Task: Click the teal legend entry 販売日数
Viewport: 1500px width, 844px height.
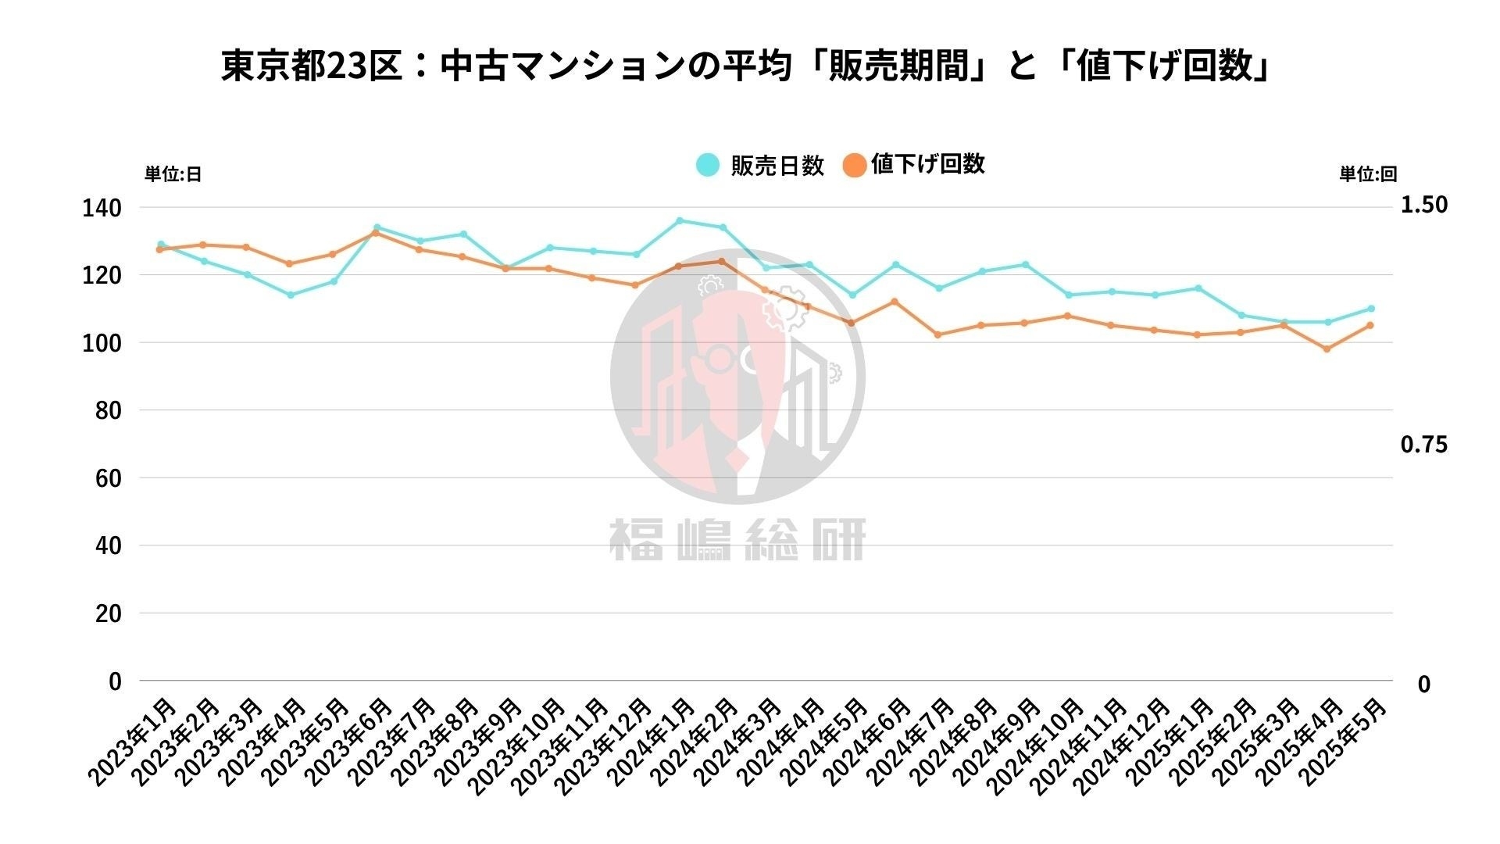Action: [761, 165]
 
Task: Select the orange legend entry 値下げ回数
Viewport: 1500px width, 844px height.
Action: [914, 164]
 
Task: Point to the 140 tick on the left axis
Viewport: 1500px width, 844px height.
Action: [102, 208]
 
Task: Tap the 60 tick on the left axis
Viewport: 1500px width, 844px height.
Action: [108, 478]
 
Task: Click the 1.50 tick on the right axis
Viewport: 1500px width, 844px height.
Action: [1423, 205]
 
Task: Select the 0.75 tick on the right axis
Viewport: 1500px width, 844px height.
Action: [1423, 445]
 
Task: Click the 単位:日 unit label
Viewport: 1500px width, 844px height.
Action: [173, 174]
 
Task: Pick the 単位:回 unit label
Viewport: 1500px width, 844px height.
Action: [1368, 174]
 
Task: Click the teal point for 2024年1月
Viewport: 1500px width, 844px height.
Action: [680, 220]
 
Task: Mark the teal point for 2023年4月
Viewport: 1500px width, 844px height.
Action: [291, 295]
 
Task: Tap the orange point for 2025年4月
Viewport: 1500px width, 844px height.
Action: [1327, 349]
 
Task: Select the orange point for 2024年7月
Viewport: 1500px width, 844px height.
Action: [937, 334]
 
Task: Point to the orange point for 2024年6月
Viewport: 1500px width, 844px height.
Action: [895, 302]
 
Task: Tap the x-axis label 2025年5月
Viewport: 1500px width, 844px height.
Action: [1344, 742]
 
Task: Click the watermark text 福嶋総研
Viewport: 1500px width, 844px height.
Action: [737, 539]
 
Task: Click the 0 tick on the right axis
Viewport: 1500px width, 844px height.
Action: [1423, 685]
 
